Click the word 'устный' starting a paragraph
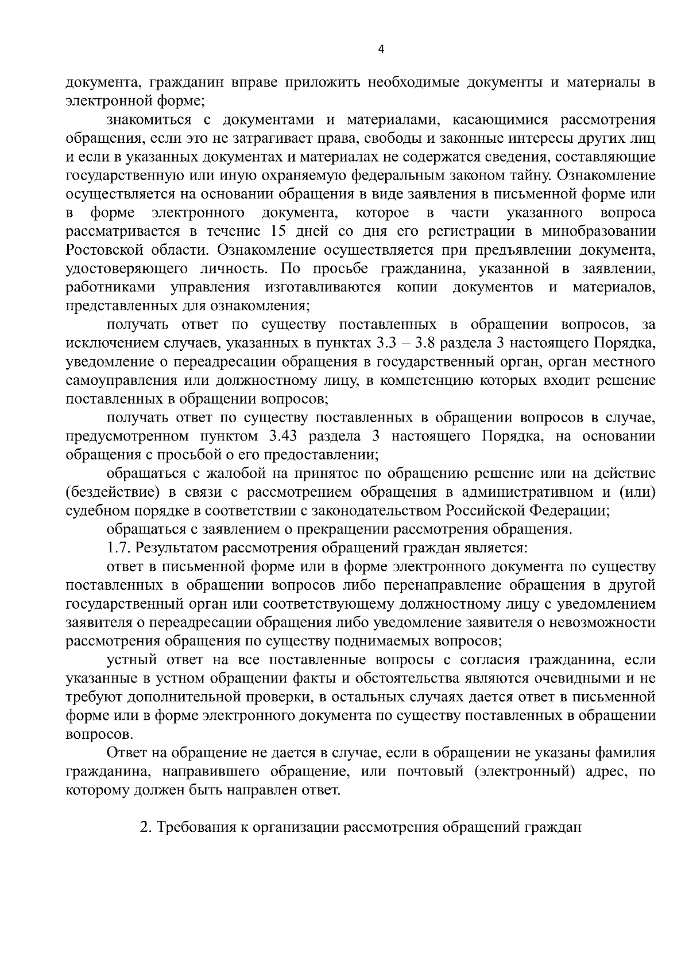pyautogui.click(x=127, y=660)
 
